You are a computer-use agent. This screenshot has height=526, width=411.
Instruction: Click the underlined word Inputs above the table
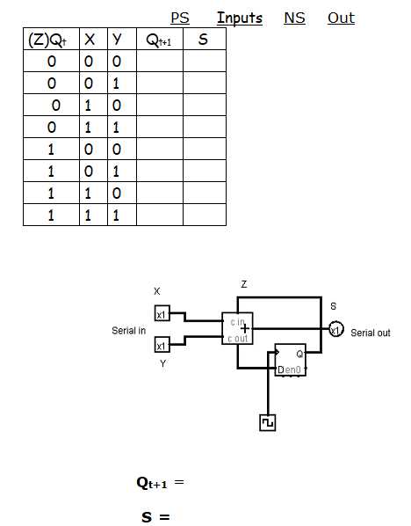239,18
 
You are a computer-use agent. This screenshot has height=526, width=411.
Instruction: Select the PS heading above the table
179,18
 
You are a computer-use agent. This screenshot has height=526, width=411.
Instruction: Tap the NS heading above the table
294,18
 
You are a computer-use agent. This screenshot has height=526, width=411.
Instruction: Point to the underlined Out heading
341,18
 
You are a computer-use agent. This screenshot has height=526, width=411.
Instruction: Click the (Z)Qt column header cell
51,40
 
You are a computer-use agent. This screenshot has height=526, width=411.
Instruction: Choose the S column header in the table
204,40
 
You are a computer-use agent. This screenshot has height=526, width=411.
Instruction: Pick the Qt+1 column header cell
159,40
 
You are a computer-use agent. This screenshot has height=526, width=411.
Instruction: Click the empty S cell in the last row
204,215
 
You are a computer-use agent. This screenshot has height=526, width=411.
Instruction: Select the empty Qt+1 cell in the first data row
159,62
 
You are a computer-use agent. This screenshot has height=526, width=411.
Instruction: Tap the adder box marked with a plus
237,329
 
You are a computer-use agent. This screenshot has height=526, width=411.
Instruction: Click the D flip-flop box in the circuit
291,360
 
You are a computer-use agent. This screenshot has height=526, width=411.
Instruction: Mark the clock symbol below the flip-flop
268,423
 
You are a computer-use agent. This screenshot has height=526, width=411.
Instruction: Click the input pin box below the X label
162,314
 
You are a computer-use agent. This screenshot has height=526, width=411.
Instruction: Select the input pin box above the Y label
162,345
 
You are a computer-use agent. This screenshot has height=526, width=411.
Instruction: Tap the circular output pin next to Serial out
335,330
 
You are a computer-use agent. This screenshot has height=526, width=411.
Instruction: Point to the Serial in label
129,331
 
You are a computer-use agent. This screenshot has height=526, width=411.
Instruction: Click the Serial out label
370,333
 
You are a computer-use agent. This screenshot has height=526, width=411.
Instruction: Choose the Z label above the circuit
243,285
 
